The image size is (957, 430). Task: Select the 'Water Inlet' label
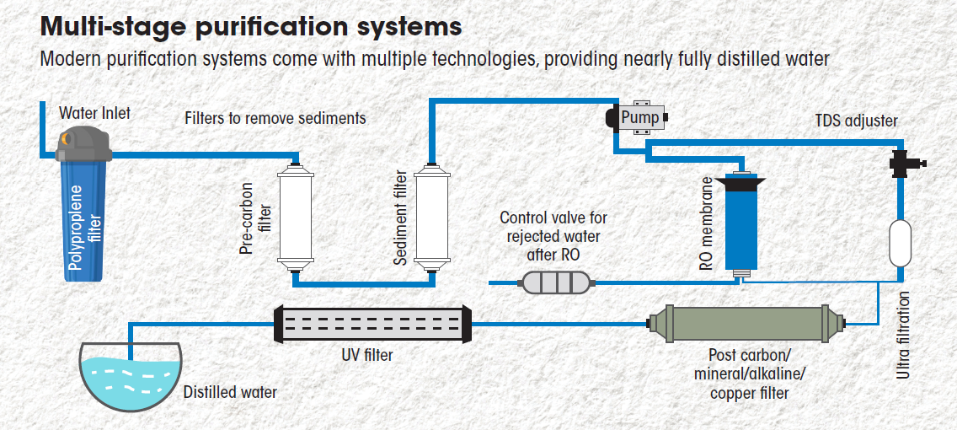point(94,113)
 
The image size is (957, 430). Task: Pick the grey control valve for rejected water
point(556,282)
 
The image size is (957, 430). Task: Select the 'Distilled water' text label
point(230,392)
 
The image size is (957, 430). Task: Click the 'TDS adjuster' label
point(856,121)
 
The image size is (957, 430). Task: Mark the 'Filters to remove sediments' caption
point(275,118)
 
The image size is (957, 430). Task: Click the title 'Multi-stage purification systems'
point(251,26)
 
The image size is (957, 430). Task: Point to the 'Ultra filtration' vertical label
point(904,335)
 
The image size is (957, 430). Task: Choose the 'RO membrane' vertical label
point(707,226)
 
